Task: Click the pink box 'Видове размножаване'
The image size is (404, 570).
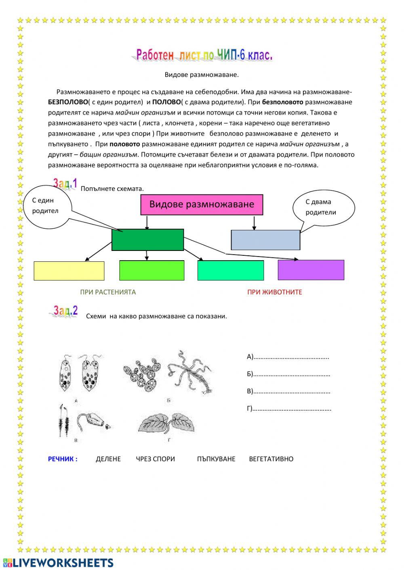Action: tap(202, 205)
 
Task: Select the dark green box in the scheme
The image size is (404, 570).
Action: tap(147, 240)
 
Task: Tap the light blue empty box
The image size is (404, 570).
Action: tap(265, 240)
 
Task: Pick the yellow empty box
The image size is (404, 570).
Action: tap(69, 271)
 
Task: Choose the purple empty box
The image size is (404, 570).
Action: tap(311, 270)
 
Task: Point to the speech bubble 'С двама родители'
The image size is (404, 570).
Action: tap(323, 207)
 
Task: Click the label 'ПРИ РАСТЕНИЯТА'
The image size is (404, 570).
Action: tap(108, 292)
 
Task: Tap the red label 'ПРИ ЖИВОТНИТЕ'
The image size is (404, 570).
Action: tap(275, 292)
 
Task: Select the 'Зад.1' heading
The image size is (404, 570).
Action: tap(65, 184)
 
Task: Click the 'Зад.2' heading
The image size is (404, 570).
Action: tap(65, 311)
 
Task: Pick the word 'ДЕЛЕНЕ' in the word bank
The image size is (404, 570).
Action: tap(108, 459)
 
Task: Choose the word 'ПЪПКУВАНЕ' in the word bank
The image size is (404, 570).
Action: tap(216, 459)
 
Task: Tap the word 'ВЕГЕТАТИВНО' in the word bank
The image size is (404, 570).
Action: tap(271, 459)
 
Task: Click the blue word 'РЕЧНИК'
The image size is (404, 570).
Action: tap(63, 459)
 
